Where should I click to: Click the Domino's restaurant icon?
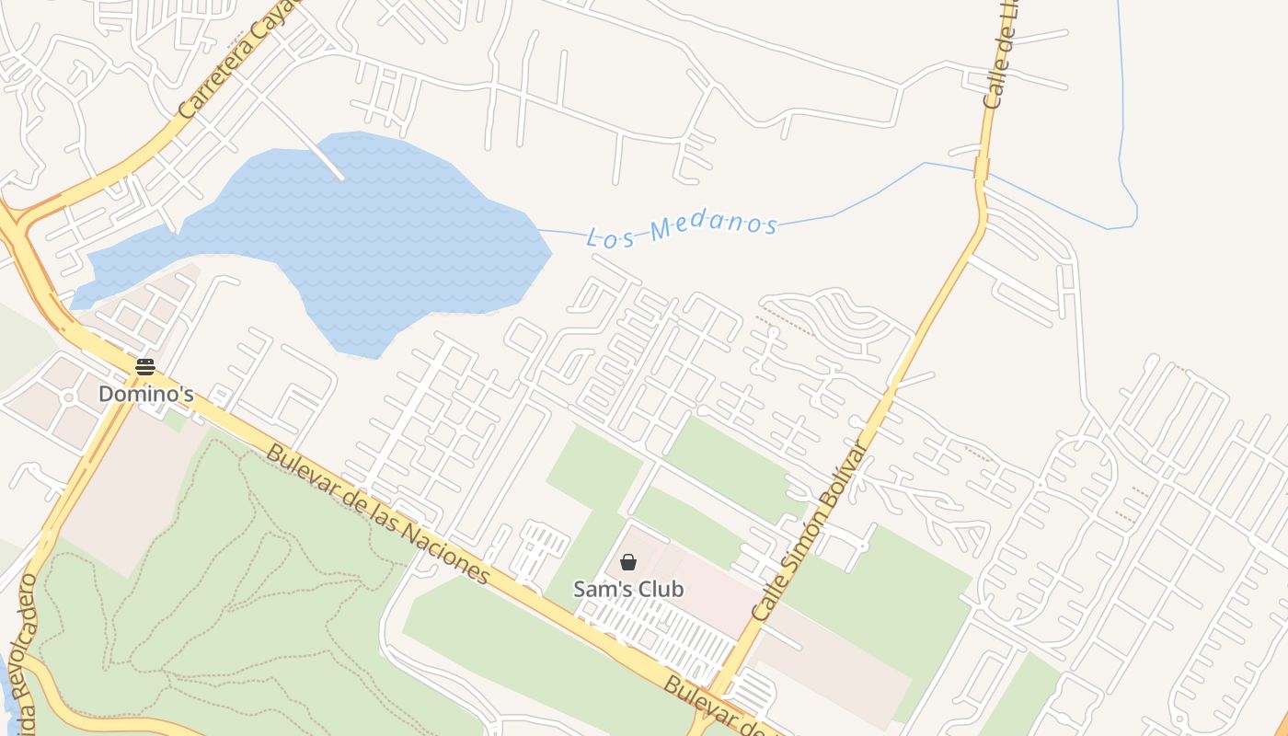pyautogui.click(x=145, y=367)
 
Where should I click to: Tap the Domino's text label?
pyautogui.click(x=145, y=394)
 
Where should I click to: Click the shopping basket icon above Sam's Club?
pyautogui.click(x=628, y=562)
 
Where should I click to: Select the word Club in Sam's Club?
pyautogui.click(x=658, y=589)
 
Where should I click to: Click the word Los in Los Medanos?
pyautogui.click(x=607, y=236)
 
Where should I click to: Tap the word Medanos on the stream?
pyautogui.click(x=713, y=225)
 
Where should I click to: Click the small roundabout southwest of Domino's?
pyautogui.click(x=68, y=397)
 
